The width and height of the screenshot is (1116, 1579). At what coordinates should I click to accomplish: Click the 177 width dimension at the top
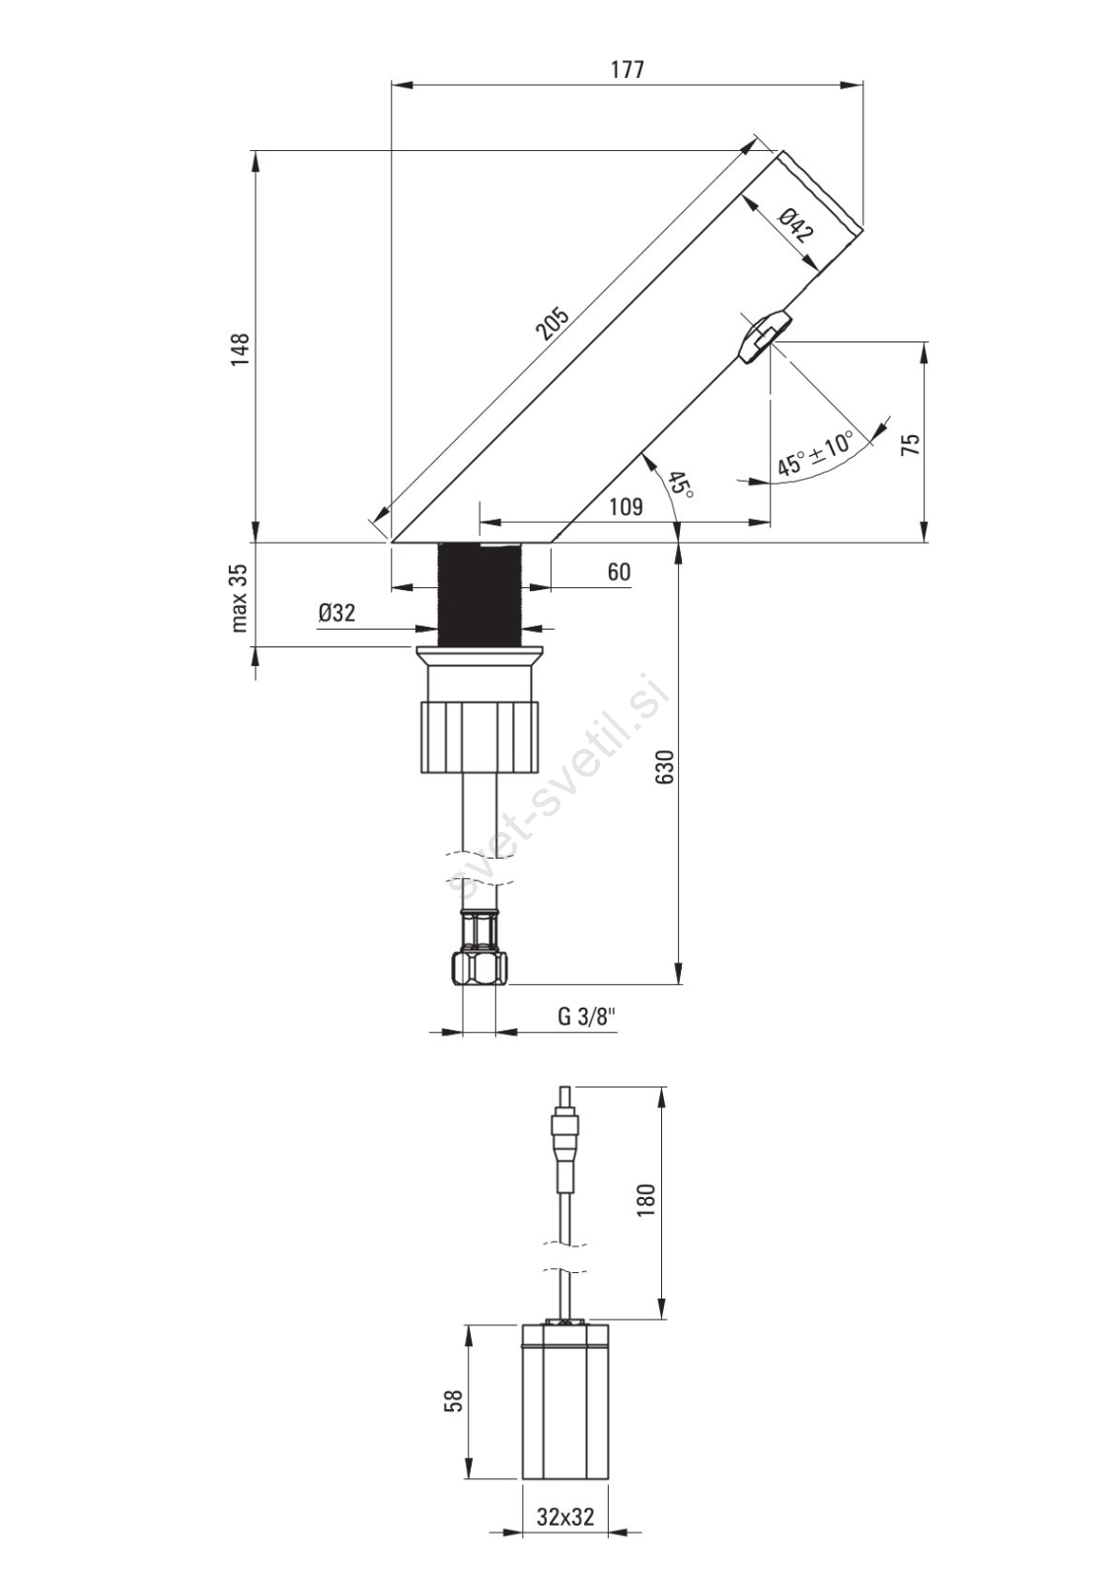(627, 70)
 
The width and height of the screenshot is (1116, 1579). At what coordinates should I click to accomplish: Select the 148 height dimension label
(240, 349)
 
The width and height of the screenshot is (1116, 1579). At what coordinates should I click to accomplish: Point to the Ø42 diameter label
(795, 227)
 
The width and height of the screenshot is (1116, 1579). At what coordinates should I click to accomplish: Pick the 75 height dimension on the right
(910, 443)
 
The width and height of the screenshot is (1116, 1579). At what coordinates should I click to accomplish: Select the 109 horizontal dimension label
(626, 507)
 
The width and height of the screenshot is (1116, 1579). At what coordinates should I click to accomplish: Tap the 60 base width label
(619, 572)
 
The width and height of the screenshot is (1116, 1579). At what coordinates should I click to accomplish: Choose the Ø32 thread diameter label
(336, 613)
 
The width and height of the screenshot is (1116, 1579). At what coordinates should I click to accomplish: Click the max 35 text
(240, 597)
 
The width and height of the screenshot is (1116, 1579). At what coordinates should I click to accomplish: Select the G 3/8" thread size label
(586, 1016)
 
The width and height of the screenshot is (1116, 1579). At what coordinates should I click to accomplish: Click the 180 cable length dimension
(645, 1200)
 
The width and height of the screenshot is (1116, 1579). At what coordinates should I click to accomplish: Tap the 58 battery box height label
(454, 1401)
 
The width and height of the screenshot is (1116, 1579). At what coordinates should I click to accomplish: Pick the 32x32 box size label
(565, 1517)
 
